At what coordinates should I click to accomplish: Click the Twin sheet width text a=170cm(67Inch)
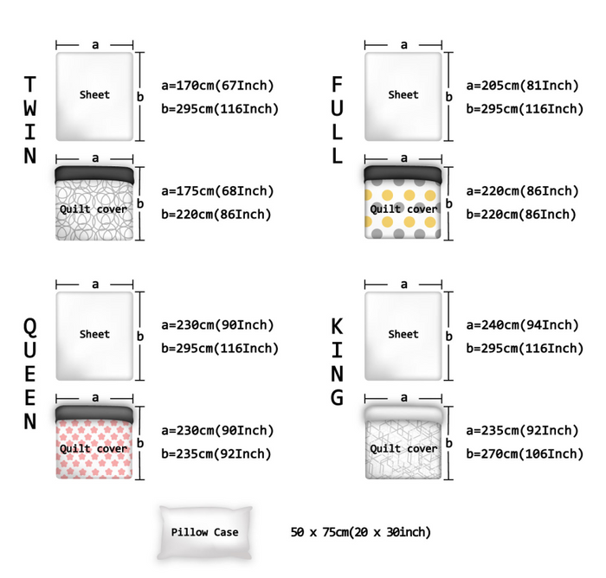(217, 86)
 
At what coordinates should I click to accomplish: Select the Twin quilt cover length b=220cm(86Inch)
(216, 215)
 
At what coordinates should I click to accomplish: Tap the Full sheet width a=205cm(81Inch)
(523, 86)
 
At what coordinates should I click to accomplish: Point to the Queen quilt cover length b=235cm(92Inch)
(216, 453)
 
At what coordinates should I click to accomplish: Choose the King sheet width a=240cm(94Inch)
(523, 325)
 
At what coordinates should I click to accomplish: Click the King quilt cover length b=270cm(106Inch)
(525, 453)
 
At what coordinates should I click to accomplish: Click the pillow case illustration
(205, 532)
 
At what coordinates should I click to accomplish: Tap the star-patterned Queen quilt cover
(94, 442)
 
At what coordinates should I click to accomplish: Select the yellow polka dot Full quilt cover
(403, 202)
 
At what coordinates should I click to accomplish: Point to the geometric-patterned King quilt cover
(403, 442)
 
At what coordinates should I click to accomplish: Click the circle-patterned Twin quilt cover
(94, 203)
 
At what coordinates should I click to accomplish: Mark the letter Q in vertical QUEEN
(30, 327)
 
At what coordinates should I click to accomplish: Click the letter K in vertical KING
(337, 326)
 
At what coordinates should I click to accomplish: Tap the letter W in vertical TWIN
(30, 108)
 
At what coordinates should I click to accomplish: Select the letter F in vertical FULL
(337, 84)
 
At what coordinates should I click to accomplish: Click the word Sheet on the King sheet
(403, 334)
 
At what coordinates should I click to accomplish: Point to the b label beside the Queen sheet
(140, 336)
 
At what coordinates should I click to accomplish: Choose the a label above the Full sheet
(404, 45)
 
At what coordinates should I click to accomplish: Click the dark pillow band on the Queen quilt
(94, 414)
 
